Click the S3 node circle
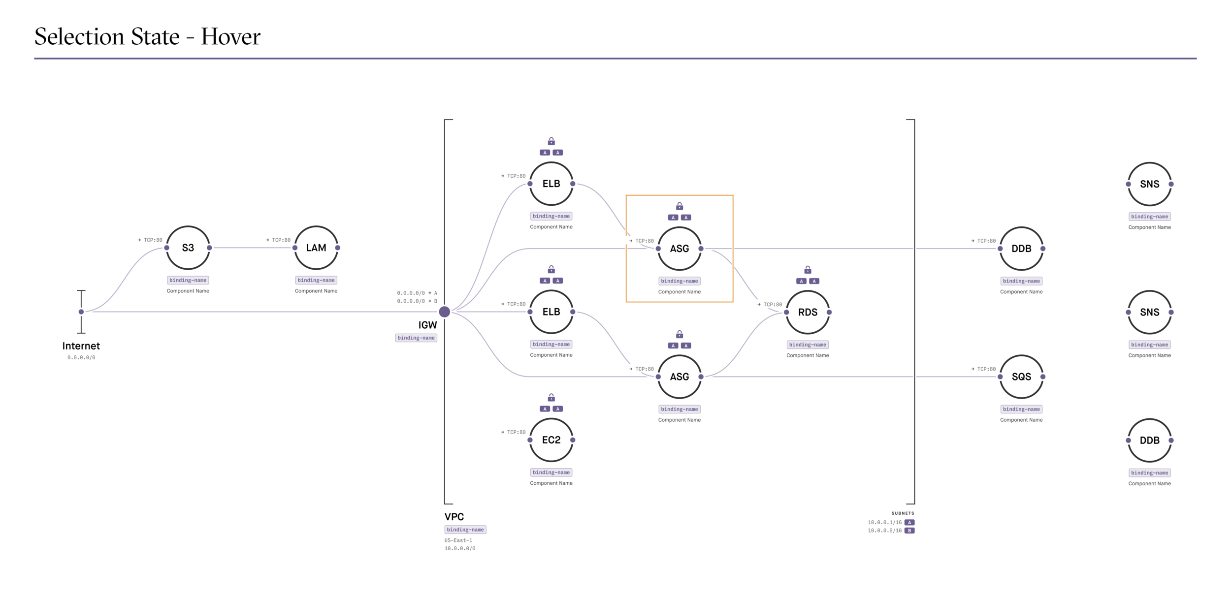pyautogui.click(x=188, y=248)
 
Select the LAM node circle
pyautogui.click(x=316, y=248)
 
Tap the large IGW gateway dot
pyautogui.click(x=444, y=312)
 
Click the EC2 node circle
pyautogui.click(x=551, y=440)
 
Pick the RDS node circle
pyautogui.click(x=808, y=312)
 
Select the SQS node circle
pyautogui.click(x=1021, y=377)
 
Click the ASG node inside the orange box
pyautogui.click(x=680, y=249)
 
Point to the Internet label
pyautogui.click(x=81, y=346)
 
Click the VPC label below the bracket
pyautogui.click(x=454, y=517)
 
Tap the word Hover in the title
pyautogui.click(x=230, y=37)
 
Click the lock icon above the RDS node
pyautogui.click(x=808, y=270)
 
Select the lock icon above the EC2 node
pyautogui.click(x=551, y=397)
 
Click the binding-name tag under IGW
pyautogui.click(x=416, y=338)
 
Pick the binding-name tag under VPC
pyautogui.click(x=465, y=530)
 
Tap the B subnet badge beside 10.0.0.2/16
pyautogui.click(x=909, y=531)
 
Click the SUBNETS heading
pyautogui.click(x=903, y=513)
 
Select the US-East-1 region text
pyautogui.click(x=458, y=540)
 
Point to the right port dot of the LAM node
pyautogui.click(x=337, y=248)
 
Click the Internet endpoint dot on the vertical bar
pyautogui.click(x=81, y=312)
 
